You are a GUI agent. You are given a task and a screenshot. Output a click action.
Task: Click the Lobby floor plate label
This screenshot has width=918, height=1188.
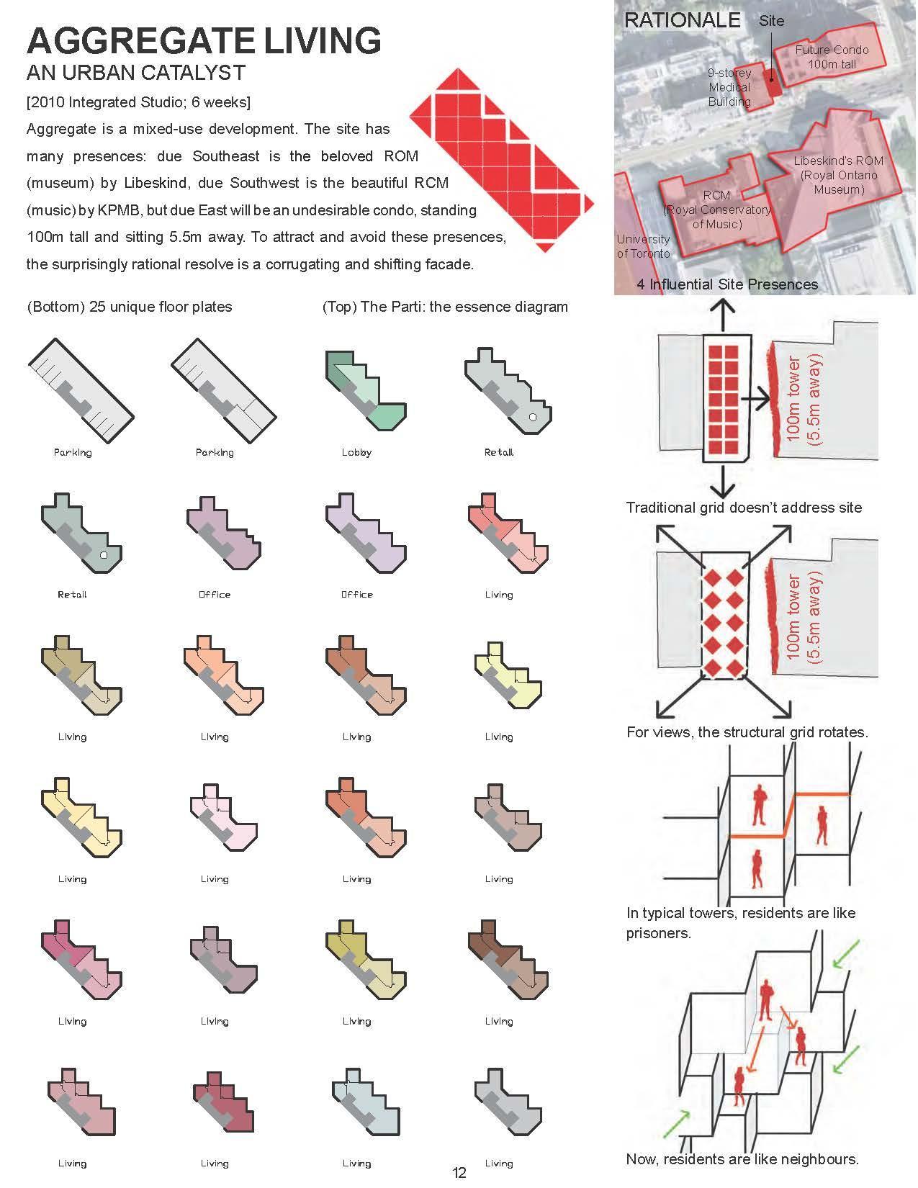[x=356, y=452]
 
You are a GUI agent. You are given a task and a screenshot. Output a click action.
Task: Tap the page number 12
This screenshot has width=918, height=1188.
[x=459, y=1173]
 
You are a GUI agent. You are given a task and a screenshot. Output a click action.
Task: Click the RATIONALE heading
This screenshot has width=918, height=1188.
[x=682, y=20]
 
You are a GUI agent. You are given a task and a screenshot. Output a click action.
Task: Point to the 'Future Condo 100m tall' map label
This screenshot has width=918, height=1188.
[x=832, y=57]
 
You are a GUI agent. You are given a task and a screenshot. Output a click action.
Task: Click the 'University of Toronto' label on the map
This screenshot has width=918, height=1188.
[x=643, y=246]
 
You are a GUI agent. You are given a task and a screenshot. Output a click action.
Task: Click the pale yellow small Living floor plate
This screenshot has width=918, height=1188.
[x=508, y=674]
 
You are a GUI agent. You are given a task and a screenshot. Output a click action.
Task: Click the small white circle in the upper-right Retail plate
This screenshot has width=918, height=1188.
[x=532, y=417]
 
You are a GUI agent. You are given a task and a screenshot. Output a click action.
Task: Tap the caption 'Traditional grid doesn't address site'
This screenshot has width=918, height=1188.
[x=744, y=508]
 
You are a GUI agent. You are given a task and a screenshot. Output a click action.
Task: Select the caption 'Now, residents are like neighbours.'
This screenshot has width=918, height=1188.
[x=742, y=1159]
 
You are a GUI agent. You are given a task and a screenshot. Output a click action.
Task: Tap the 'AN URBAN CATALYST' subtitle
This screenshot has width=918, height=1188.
[x=136, y=73]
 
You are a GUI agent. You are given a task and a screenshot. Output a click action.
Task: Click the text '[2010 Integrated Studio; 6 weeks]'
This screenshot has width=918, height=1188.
[x=138, y=102]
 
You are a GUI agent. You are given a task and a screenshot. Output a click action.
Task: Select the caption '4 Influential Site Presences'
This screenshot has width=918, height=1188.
[x=727, y=284]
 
